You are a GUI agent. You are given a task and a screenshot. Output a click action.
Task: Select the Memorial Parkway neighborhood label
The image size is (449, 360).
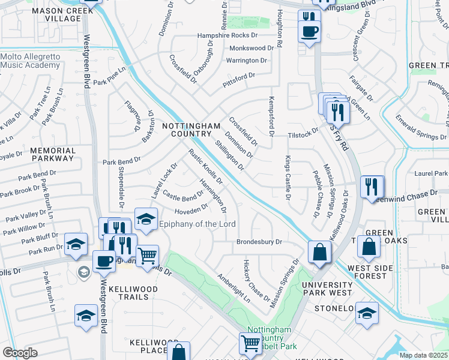click(x=53, y=155)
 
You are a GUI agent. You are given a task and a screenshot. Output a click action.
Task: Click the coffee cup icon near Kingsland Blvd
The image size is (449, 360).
click(x=310, y=32)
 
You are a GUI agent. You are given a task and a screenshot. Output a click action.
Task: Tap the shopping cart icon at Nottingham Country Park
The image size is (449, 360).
click(x=250, y=343)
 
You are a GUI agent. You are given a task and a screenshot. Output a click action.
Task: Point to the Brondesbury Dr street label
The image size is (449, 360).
click(x=259, y=243)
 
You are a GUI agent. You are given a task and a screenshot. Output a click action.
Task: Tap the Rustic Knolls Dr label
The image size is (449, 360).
click(x=206, y=166)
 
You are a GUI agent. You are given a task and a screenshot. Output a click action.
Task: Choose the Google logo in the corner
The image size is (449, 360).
click(x=20, y=353)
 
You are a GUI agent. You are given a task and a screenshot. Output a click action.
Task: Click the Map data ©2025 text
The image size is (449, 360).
click(x=423, y=355)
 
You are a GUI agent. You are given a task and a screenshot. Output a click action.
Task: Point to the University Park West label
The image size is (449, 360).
click(x=327, y=289)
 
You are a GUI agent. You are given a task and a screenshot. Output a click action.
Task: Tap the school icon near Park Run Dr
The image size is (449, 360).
click(x=76, y=243)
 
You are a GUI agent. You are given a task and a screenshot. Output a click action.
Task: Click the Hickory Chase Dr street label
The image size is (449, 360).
click(x=256, y=280)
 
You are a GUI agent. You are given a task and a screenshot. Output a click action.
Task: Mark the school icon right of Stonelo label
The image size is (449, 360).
click(x=366, y=313)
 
